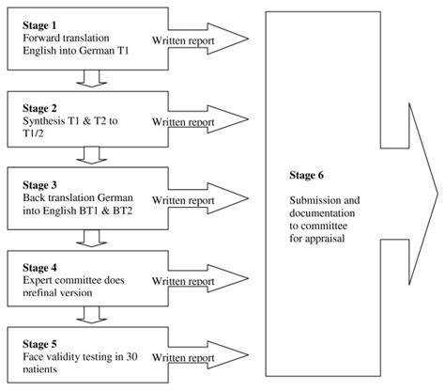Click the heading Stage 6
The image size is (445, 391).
coord(308,175)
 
